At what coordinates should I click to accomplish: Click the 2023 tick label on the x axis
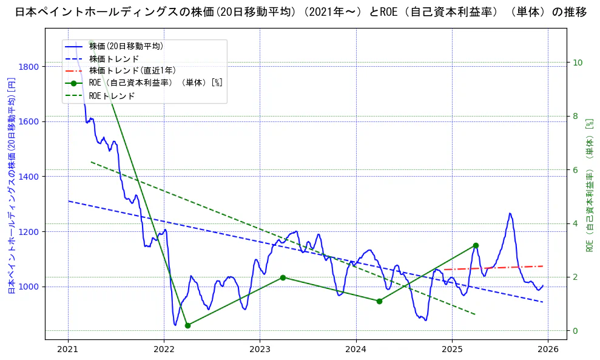(260, 349)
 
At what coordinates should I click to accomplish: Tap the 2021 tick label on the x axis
(68, 349)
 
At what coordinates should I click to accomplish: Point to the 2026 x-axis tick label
(548, 349)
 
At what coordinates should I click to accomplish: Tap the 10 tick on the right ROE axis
(578, 63)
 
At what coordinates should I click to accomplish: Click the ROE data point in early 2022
(187, 325)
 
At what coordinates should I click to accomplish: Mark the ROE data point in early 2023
(283, 277)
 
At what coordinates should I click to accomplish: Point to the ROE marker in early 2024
(379, 301)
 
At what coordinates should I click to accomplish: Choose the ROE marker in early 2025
(476, 245)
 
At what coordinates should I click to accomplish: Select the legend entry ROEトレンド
(112, 96)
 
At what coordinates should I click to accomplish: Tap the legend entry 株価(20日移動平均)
(126, 46)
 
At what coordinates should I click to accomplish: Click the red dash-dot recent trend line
(497, 268)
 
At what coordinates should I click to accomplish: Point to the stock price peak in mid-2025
(510, 214)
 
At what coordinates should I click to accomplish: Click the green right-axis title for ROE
(589, 185)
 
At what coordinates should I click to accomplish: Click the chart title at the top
(300, 12)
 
